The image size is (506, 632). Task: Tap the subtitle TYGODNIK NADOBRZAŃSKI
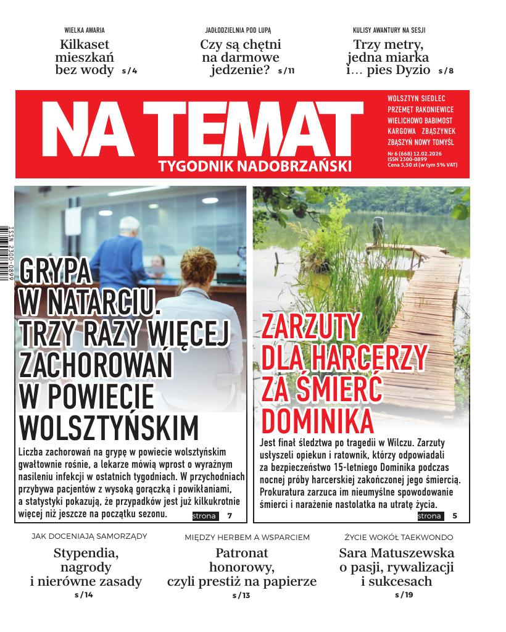tap(255, 165)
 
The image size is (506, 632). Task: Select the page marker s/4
tap(130, 71)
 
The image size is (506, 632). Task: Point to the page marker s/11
tap(286, 71)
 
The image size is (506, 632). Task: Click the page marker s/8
tap(446, 71)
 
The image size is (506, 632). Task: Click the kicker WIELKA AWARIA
tap(85, 30)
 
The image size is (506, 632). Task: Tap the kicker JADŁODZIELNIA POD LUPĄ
tap(238, 30)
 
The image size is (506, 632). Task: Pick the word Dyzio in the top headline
tap(409, 70)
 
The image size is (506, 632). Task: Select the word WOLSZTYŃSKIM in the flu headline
tap(110, 427)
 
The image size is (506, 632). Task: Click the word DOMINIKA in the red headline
tap(318, 421)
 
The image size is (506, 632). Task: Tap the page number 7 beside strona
tap(230, 516)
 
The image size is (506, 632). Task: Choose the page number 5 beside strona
tap(455, 516)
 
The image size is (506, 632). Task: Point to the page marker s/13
tap(241, 596)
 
